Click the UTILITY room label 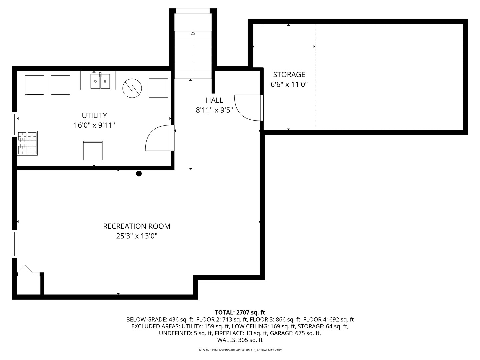(94, 115)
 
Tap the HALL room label (214, 100)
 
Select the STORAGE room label (289, 75)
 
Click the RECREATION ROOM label (137, 226)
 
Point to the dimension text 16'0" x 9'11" (94, 125)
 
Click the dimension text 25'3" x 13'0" (137, 236)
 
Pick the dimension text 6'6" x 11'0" (289, 84)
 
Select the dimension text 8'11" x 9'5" (214, 110)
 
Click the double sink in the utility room (100, 81)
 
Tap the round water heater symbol (132, 88)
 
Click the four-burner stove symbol (27, 143)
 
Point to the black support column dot (139, 174)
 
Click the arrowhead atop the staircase (193, 33)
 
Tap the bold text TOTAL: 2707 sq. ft (240, 312)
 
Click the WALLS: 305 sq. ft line (240, 340)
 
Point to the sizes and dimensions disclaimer (240, 350)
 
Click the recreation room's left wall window (14, 244)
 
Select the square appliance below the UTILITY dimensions (93, 151)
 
